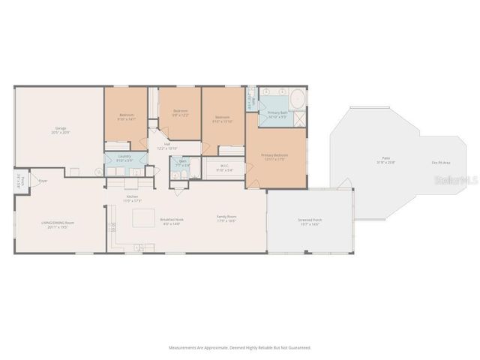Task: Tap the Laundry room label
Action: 124,157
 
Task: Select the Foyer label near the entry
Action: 43,181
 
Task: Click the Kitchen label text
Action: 132,199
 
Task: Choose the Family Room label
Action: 226,218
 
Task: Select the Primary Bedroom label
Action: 274,157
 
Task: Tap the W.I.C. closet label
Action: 224,168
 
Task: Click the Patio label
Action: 385,160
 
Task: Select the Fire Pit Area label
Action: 440,162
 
